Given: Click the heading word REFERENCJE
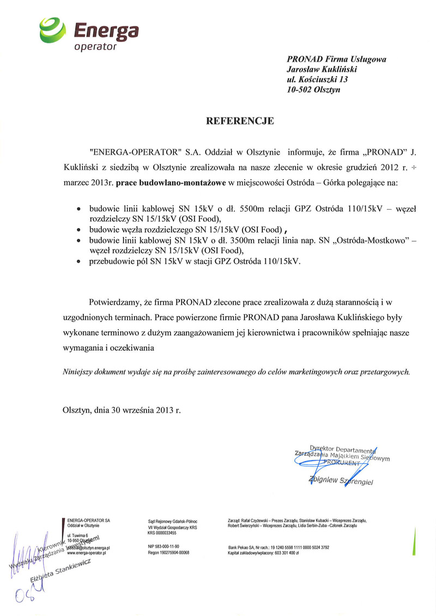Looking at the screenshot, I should tap(240, 121).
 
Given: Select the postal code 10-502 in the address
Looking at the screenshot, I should tap(299, 90).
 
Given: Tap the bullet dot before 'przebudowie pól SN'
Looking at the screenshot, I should tap(80, 262).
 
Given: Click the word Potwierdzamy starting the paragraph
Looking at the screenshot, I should tap(116, 301).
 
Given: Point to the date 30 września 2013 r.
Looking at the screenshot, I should tap(145, 410).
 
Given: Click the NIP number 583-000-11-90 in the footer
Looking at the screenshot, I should tap(163, 546).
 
